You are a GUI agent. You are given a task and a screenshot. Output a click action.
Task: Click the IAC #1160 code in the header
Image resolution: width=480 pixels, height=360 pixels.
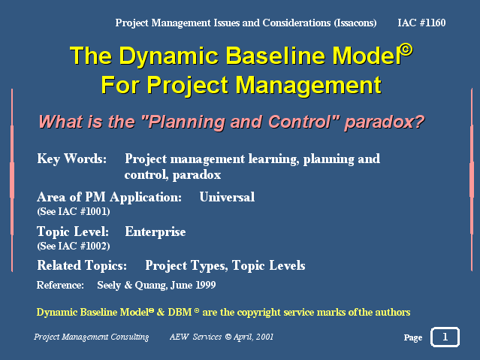pyautogui.click(x=421, y=23)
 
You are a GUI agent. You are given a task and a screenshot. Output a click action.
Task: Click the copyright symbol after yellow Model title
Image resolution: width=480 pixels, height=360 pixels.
pyautogui.click(x=406, y=50)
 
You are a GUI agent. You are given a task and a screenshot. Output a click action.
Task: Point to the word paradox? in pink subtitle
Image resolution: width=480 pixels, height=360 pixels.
pyautogui.click(x=384, y=123)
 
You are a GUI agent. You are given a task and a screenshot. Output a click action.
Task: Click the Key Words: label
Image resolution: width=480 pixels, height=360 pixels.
pyautogui.click(x=72, y=159)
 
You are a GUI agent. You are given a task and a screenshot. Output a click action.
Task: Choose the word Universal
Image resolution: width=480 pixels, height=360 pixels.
pyautogui.click(x=227, y=197)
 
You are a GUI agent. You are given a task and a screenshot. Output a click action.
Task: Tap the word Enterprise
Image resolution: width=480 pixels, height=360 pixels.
pyautogui.click(x=155, y=232)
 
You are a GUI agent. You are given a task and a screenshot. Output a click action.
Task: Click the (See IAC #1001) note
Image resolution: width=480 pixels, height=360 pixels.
pyautogui.click(x=74, y=211)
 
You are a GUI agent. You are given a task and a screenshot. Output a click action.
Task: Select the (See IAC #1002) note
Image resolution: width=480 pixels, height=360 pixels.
pyautogui.click(x=74, y=246)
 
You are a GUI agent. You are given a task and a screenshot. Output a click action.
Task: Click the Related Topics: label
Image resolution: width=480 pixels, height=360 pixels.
pyautogui.click(x=82, y=265)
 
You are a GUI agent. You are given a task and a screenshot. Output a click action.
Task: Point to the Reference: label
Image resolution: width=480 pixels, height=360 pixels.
pyautogui.click(x=60, y=286)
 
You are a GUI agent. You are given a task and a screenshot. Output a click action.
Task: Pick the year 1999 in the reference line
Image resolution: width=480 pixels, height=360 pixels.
pyautogui.click(x=205, y=286)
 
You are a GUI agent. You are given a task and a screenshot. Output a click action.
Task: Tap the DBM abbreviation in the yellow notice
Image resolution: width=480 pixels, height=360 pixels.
pyautogui.click(x=180, y=312)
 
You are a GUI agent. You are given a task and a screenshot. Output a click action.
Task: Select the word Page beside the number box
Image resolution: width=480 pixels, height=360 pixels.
pyautogui.click(x=412, y=337)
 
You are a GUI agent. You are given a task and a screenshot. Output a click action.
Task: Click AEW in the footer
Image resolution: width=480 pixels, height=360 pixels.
pyautogui.click(x=179, y=337)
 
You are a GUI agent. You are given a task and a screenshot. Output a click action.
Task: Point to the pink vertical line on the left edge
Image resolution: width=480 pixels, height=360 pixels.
pyautogui.click(x=12, y=180)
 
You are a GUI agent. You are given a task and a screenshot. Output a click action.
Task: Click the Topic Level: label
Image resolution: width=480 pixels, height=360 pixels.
pyautogui.click(x=73, y=232)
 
